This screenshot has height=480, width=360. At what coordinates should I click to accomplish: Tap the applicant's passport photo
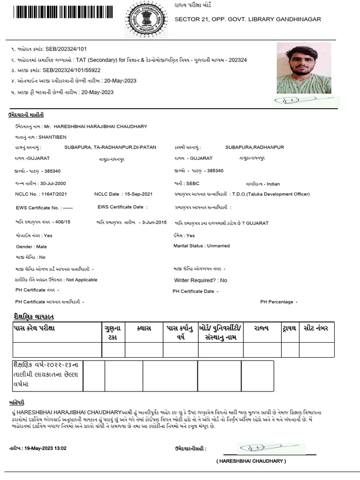pos(304,68)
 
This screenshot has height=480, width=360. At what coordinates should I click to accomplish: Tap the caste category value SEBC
pos(193,184)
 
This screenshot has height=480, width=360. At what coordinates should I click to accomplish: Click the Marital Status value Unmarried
pos(218,246)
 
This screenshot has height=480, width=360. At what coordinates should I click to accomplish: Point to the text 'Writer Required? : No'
pos(201,280)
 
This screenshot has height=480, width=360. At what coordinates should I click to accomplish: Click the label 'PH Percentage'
pos(277,302)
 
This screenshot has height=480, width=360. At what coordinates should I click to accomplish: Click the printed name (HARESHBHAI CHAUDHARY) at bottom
pos(251,461)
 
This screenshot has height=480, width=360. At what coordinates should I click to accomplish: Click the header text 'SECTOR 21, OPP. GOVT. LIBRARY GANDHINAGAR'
pos(247,19)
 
